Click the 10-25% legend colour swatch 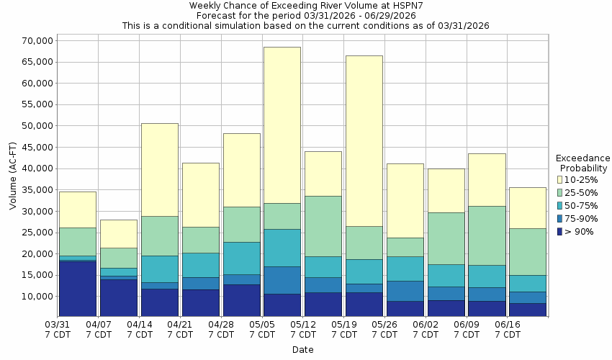[561, 179]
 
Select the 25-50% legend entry [581, 192]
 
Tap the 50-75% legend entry [581, 205]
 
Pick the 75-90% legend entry [581, 218]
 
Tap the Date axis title [302, 350]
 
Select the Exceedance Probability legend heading [582, 163]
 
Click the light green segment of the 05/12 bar [323, 226]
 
